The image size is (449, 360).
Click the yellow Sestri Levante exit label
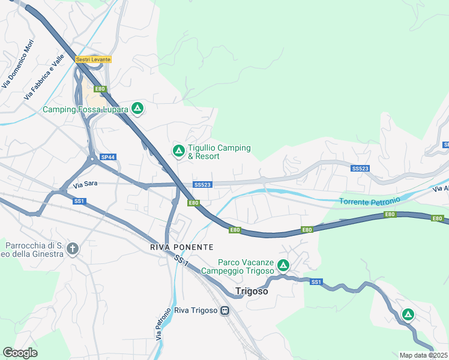[x=93, y=59]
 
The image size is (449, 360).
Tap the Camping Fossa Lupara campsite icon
[x=137, y=109]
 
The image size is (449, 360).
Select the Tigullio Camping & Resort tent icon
[x=178, y=150]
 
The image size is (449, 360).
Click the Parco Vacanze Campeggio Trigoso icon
[x=283, y=264]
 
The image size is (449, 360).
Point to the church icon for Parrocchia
[x=73, y=248]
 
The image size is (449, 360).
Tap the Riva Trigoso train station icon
[x=224, y=311]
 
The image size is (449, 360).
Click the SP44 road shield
[x=107, y=157]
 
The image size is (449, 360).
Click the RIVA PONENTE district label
[x=181, y=247]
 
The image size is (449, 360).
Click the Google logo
[x=20, y=353]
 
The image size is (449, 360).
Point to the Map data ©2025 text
[x=423, y=355]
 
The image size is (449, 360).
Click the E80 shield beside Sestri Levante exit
[x=100, y=89]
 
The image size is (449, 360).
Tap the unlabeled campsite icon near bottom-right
[x=408, y=314]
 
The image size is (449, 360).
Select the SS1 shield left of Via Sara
[x=79, y=201]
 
